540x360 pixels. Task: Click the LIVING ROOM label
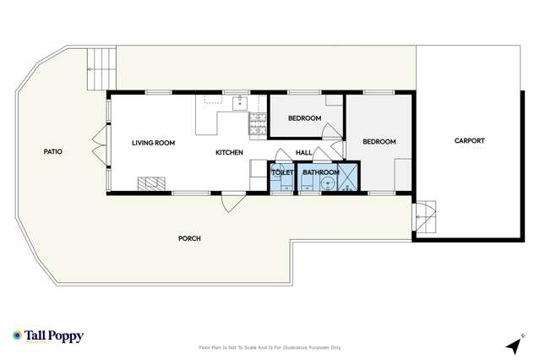153,143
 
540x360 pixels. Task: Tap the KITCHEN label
229,152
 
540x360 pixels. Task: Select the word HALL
304,152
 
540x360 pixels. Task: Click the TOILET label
281,172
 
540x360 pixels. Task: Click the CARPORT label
469,141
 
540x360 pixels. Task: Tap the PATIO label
53,152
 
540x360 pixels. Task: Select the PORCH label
189,238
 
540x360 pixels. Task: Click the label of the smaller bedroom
304,118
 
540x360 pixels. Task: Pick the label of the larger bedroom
379,141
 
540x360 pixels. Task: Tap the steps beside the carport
424,218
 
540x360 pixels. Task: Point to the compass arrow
511,346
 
